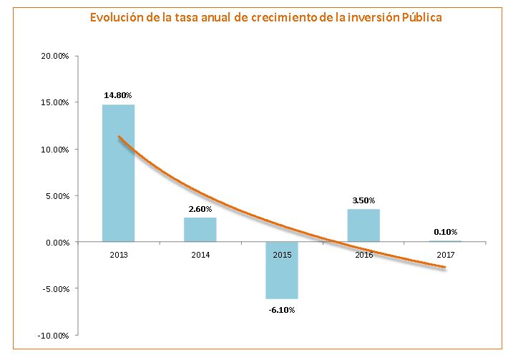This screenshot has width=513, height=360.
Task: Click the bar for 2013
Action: [118, 173]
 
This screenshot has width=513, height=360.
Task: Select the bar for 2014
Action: [200, 230]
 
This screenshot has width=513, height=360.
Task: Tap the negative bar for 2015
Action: [281, 270]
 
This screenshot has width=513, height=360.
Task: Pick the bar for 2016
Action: [363, 225]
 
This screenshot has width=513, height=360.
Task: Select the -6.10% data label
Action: [281, 310]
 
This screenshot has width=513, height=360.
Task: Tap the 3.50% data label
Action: [363, 200]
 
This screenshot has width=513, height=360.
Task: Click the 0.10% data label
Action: [445, 231]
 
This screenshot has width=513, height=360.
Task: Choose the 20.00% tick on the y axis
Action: [53, 56]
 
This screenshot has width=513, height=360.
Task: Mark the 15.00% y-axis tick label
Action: [53, 102]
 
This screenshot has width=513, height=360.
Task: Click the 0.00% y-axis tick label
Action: [55, 243]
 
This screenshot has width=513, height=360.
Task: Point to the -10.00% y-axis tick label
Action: [52, 336]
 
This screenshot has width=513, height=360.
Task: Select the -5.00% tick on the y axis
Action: [54, 289]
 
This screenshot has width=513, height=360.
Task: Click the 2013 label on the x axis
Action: [118, 253]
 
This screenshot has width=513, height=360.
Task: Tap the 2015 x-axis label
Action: [281, 253]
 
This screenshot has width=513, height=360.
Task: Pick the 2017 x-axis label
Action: [445, 253]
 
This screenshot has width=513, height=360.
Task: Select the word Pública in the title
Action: [419, 17]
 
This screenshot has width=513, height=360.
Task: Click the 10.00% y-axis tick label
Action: [53, 150]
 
